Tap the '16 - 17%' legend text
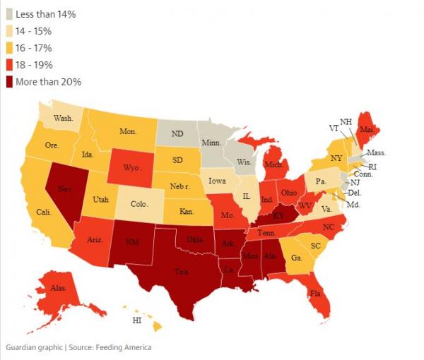(x=35, y=48)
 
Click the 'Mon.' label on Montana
(x=127, y=131)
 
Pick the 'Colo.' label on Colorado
(x=140, y=205)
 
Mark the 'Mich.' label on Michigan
(x=274, y=164)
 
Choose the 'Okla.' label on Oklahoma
(x=196, y=240)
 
